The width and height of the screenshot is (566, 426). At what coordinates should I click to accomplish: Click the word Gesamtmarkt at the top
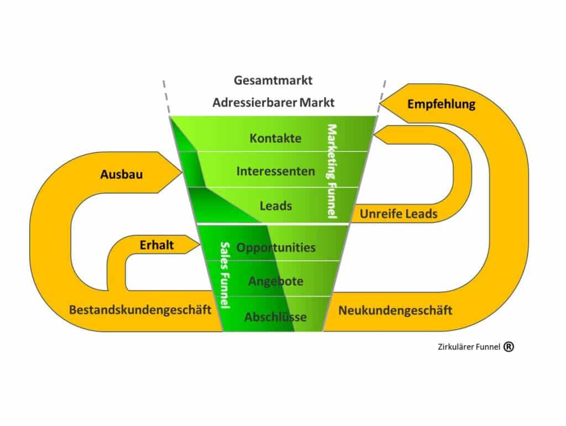(x=273, y=80)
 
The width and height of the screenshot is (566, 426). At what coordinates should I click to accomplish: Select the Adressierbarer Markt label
(x=273, y=103)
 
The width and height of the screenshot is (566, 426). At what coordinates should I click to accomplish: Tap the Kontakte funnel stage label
(x=275, y=138)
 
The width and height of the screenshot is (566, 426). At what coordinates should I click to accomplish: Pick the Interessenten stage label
(x=275, y=172)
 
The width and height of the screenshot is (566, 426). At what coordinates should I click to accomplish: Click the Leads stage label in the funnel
(x=275, y=206)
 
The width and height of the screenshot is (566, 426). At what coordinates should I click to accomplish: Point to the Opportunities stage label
(x=276, y=247)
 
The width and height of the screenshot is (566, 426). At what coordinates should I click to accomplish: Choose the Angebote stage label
(x=275, y=282)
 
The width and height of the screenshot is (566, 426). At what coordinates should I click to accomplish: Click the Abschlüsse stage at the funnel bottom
(x=275, y=318)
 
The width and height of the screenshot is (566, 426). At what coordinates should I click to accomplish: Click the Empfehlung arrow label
(x=441, y=104)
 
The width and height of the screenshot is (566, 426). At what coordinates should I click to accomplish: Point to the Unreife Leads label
(x=399, y=214)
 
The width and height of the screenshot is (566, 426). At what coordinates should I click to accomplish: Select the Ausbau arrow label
(x=122, y=174)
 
